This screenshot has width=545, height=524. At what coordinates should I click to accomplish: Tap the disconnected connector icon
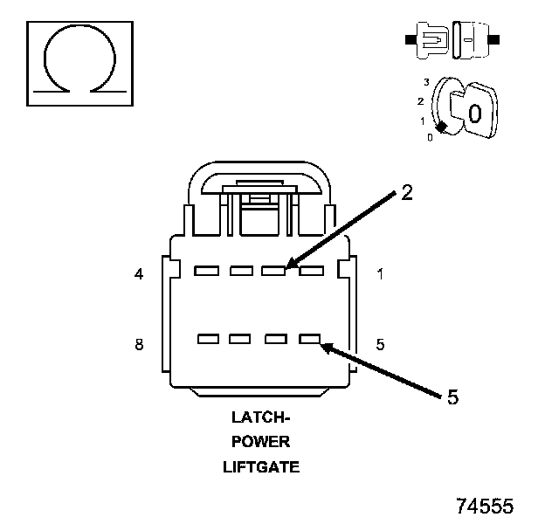(451, 40)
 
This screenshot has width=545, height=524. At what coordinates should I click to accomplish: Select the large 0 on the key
(473, 114)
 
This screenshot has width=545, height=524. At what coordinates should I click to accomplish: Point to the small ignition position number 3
(425, 82)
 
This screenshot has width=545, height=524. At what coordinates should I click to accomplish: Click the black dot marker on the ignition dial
(442, 128)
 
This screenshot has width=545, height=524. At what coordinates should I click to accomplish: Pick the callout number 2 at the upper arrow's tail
(406, 193)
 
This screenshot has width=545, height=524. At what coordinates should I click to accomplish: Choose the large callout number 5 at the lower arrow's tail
(452, 397)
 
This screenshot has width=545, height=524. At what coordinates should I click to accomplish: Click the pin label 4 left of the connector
(139, 274)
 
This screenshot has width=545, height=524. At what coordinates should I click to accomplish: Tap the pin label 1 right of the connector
(380, 274)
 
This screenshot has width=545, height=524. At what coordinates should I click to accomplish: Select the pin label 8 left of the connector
(139, 344)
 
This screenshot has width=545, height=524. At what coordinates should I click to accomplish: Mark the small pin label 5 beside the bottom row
(380, 344)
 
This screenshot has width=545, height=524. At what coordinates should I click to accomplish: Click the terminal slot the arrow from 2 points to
(274, 270)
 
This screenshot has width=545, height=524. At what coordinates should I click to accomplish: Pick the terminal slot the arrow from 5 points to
(309, 338)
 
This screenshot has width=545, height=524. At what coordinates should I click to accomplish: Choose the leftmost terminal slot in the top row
(207, 270)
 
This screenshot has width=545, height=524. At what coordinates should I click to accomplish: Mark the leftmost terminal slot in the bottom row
(208, 338)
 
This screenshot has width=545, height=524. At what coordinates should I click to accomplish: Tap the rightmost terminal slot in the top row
(309, 270)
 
